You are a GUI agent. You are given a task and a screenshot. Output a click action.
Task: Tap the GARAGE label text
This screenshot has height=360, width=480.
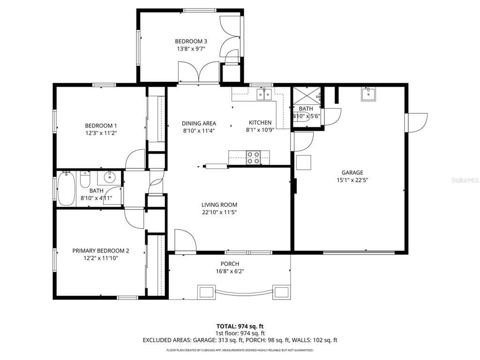(x=352, y=172)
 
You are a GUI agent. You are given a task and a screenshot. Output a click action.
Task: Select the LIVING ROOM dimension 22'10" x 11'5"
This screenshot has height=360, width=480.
(x=219, y=212)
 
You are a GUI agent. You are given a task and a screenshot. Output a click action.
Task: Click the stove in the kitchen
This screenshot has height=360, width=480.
(x=254, y=157)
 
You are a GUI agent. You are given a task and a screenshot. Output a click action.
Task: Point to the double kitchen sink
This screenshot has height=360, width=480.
(x=264, y=95)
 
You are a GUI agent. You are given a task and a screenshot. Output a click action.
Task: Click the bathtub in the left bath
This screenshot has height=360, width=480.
(x=66, y=189)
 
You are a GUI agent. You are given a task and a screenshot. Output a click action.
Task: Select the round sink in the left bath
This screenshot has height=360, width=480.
(x=110, y=178)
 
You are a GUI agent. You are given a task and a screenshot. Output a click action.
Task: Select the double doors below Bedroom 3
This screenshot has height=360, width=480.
(x=199, y=73)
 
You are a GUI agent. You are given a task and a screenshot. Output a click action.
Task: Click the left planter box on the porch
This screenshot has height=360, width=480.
(x=206, y=292)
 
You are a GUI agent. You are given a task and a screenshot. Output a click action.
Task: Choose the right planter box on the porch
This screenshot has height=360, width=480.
(x=281, y=292)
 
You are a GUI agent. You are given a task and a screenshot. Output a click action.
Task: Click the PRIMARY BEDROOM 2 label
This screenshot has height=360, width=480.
(x=101, y=251)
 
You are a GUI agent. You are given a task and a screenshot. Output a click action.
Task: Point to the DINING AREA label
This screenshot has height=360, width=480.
(x=199, y=123)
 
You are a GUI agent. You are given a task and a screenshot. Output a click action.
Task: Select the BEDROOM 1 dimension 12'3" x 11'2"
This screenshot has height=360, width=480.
(x=101, y=133)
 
